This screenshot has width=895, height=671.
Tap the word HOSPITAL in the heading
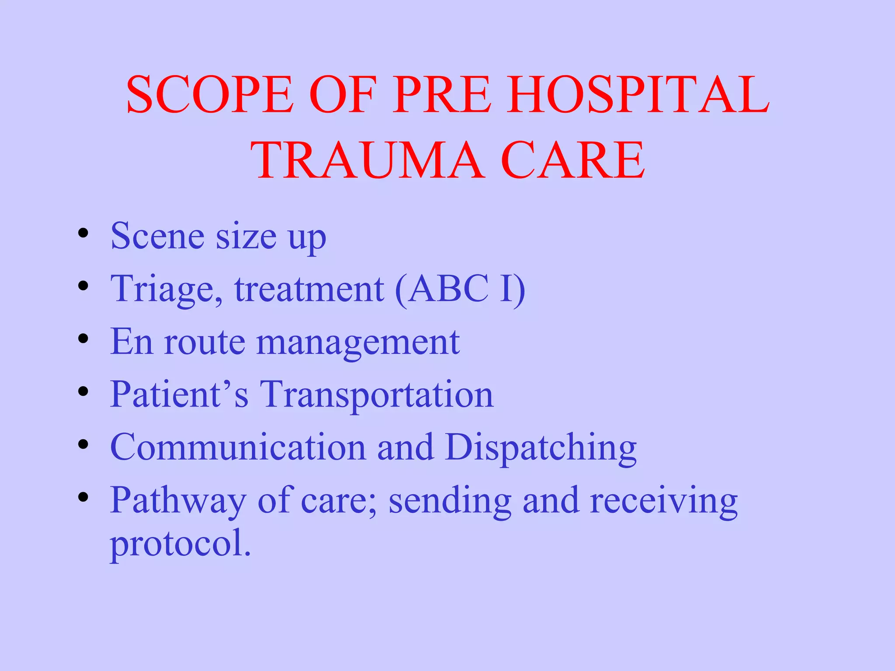tap(638, 94)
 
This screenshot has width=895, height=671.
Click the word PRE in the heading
tap(442, 94)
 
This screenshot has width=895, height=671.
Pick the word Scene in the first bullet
tap(157, 236)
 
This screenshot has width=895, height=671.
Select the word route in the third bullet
tap(204, 342)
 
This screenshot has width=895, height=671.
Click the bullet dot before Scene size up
tap(83, 233)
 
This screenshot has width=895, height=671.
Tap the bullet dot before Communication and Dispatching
tap(83, 444)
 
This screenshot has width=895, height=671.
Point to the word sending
tap(450, 501)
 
